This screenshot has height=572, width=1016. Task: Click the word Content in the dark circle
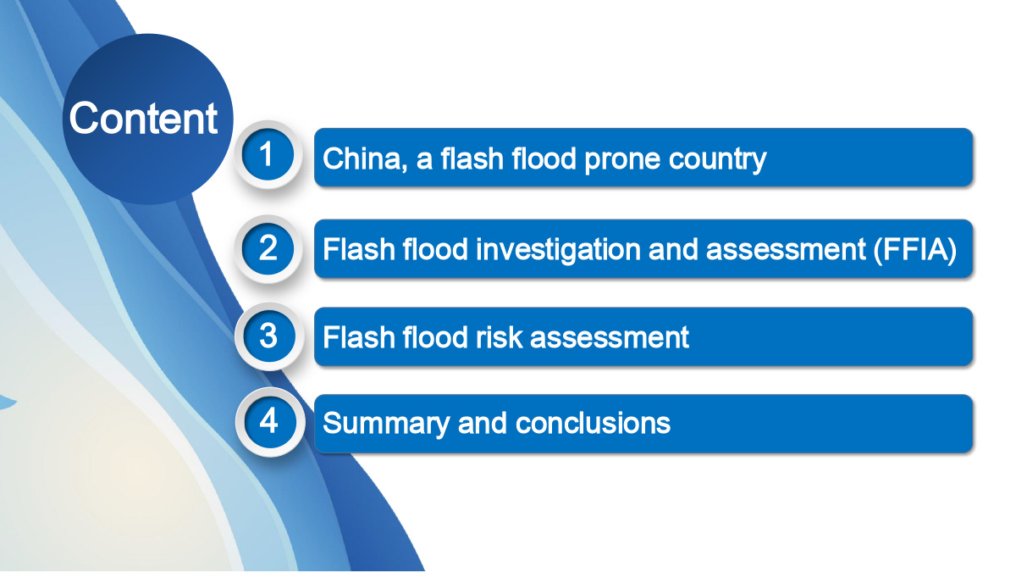143,118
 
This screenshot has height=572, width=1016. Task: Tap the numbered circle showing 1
268,155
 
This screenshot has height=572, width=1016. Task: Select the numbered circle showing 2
268,249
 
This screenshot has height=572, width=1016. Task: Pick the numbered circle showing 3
269,336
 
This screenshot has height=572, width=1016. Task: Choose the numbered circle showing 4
269,422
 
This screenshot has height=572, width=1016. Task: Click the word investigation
558,250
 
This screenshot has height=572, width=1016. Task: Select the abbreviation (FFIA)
915,249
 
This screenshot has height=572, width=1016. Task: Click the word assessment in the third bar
609,338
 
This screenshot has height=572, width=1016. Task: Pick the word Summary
385,424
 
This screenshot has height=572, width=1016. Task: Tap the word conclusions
593,423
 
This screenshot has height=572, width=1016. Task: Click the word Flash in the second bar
358,249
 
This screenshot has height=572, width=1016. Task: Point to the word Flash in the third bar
358,337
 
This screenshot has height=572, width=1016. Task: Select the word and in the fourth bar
482,423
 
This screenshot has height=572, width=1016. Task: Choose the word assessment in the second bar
786,250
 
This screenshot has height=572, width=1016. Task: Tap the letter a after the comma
424,161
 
